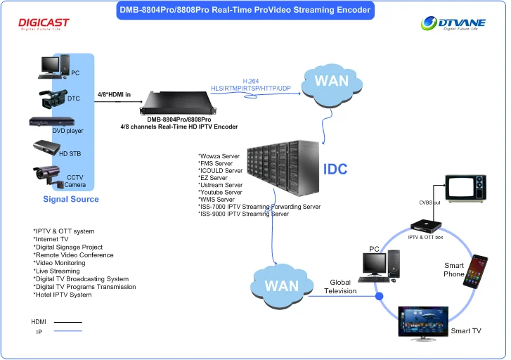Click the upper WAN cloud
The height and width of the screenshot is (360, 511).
pos(331,83)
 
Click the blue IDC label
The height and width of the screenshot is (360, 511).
pos(335,170)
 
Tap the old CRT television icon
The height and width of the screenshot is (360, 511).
pos(465,186)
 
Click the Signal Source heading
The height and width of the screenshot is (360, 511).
pos(71,200)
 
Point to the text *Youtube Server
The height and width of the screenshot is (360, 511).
pos(221,192)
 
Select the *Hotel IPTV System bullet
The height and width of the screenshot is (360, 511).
pos(63,295)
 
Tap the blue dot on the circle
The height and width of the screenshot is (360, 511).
pos(380,296)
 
